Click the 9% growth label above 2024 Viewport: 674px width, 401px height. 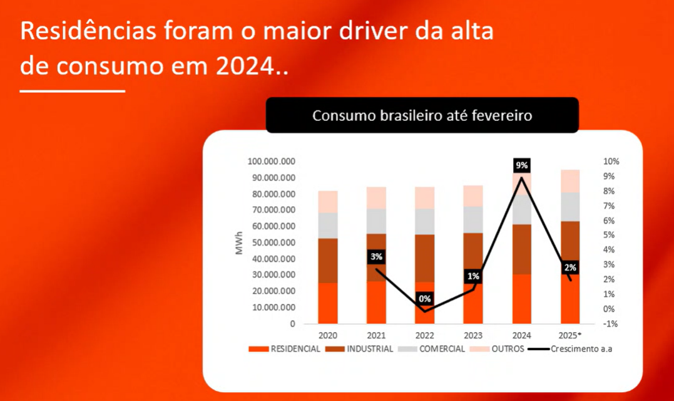click(x=521, y=165)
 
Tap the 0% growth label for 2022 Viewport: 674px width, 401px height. click(x=425, y=299)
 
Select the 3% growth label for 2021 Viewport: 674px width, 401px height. click(x=376, y=257)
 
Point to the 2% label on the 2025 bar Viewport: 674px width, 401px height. click(x=570, y=267)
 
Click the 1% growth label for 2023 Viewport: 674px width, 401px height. click(x=473, y=276)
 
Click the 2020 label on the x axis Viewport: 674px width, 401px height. click(x=327, y=335)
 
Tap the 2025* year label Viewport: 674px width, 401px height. click(x=569, y=335)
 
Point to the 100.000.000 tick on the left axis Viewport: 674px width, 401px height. click(x=271, y=162)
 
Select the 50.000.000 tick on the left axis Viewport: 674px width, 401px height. click(x=274, y=242)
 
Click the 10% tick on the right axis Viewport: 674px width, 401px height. click(x=611, y=162)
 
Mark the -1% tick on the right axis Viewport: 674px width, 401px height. click(x=610, y=323)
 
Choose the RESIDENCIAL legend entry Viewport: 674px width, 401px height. click(x=285, y=349)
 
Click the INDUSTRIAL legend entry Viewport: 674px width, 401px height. click(x=359, y=349)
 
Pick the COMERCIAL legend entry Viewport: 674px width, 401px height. click(x=432, y=349)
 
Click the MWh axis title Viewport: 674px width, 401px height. click(x=240, y=242)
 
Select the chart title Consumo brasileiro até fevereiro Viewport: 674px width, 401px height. click(x=422, y=115)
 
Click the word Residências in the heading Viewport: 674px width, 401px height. click(x=88, y=31)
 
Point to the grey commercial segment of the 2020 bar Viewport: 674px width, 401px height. click(x=327, y=226)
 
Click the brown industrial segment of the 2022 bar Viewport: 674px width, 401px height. click(x=425, y=258)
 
